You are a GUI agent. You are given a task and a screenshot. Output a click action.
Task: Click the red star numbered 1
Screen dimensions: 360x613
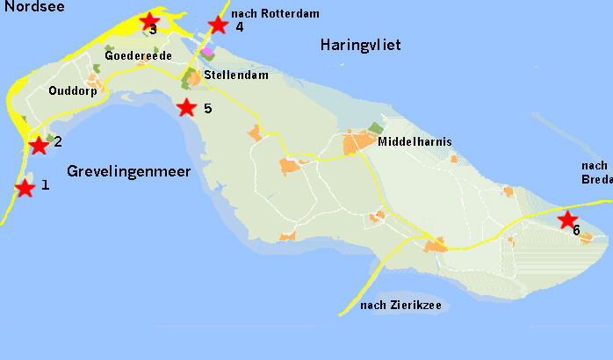pos(25,188)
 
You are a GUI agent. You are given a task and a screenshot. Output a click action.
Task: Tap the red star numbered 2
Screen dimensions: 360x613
pos(39,145)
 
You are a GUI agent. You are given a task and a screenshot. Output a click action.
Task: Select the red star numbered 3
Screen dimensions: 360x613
pos(149,21)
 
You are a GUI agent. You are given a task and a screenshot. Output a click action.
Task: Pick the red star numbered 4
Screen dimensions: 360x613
pos(218,25)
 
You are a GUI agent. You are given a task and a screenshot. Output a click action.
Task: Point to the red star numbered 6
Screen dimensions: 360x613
pos(567,219)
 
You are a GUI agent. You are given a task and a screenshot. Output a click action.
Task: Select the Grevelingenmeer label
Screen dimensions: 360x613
pos(128,170)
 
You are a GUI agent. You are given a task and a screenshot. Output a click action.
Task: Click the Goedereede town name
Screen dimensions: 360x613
pos(138,55)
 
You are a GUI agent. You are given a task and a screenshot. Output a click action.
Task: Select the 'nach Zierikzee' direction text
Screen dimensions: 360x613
pos(401,306)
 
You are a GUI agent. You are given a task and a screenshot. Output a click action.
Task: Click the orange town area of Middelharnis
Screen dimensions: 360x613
pos(359,143)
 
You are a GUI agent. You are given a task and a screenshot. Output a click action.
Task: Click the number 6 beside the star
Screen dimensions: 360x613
pos(576,231)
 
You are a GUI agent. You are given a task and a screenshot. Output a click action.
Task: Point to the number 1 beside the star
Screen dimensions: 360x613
pos(45,185)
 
